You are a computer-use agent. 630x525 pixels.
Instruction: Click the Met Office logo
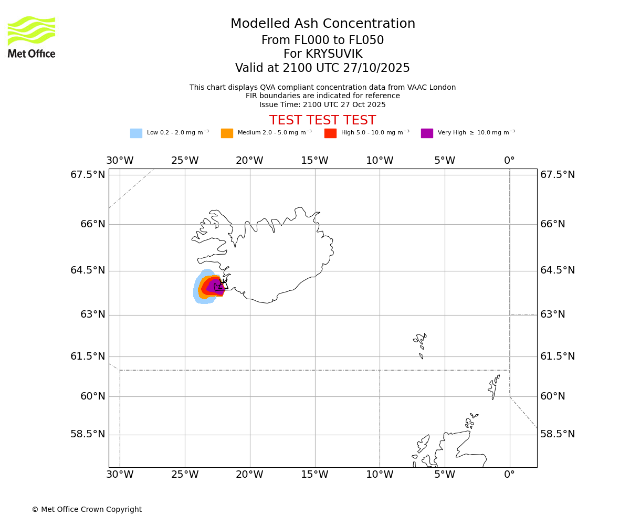tap(31, 37)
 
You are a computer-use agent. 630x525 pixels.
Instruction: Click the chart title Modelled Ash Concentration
tap(322, 24)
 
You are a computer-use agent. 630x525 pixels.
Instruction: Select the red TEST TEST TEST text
tap(322, 121)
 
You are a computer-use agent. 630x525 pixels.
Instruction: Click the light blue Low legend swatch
tap(136, 133)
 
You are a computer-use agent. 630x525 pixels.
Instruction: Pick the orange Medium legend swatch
tap(227, 133)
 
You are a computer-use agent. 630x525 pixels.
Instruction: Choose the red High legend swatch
tap(330, 133)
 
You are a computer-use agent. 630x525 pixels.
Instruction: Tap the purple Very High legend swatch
tap(427, 133)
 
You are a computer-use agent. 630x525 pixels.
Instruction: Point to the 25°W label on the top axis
tap(185, 161)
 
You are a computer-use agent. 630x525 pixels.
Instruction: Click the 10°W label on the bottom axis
tap(380, 475)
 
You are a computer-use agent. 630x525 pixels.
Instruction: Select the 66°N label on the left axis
tap(92, 224)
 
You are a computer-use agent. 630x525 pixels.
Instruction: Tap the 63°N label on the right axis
tap(553, 314)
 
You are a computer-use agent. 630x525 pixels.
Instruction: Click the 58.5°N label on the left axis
tap(88, 434)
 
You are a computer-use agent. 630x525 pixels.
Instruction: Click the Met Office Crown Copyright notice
tap(87, 510)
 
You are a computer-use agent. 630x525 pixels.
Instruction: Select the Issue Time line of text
tap(322, 105)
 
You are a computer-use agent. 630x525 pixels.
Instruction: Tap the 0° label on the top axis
tap(509, 161)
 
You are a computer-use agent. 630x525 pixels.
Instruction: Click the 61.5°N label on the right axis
tap(558, 356)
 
